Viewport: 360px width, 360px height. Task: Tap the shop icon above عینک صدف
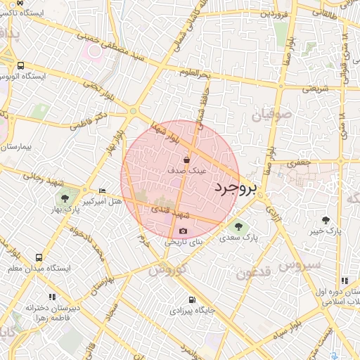[x=186, y=159]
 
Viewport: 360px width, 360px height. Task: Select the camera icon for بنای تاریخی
[x=184, y=231]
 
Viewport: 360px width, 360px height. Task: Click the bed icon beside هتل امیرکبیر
[x=102, y=191]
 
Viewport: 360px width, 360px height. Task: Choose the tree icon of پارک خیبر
[x=325, y=220]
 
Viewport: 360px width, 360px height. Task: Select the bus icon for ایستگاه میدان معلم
[x=39, y=257]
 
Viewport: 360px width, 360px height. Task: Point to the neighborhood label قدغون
[x=252, y=273]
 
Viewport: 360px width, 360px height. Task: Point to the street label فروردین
[x=274, y=13]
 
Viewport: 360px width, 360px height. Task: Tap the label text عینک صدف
[x=187, y=170]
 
